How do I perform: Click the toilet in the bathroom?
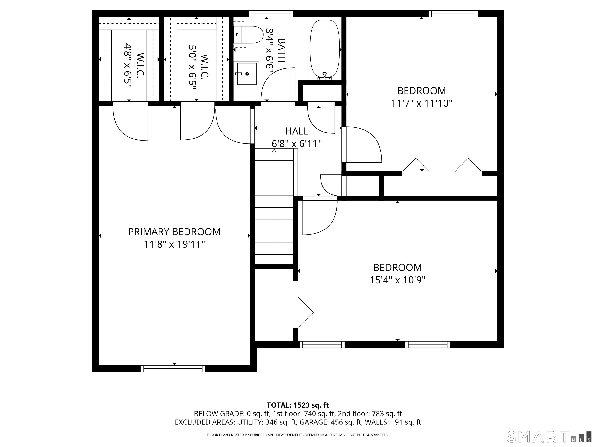click(x=248, y=35)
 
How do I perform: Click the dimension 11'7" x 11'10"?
click(x=421, y=103)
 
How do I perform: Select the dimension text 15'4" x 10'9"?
click(x=397, y=280)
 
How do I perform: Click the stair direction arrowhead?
click(x=274, y=151)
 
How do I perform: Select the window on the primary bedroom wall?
click(x=173, y=368)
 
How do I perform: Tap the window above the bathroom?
click(x=271, y=14)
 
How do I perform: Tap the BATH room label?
click(x=281, y=50)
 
